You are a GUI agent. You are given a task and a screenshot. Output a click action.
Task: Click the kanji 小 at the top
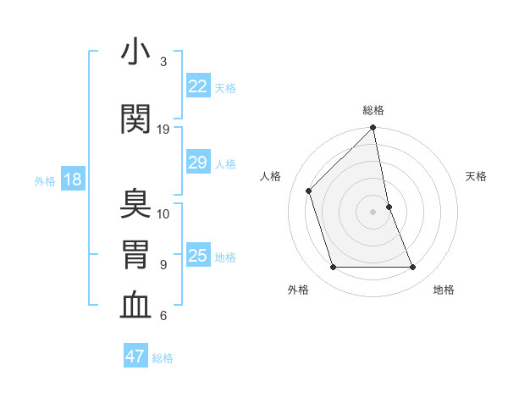135,53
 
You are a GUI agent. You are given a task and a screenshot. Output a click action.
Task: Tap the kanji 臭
135,204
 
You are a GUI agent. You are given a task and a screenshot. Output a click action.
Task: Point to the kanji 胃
135,255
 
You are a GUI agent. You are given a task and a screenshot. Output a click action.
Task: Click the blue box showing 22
197,86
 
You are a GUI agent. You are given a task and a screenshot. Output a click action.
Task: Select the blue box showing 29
197,163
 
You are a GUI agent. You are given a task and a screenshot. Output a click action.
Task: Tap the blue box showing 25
197,257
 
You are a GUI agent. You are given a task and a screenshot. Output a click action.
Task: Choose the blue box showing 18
72,180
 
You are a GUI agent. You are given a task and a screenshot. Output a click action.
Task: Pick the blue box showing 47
135,357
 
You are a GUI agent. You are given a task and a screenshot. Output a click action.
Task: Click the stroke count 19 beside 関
163,130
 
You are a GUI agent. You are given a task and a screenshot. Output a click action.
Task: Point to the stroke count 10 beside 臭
163,213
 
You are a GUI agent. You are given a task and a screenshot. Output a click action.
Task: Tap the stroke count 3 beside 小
163,62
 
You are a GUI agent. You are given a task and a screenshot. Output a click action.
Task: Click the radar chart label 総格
373,110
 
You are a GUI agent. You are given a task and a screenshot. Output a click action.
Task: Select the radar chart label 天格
477,176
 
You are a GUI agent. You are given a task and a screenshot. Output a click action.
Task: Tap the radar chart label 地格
444,290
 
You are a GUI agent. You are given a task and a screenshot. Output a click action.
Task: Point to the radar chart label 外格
298,290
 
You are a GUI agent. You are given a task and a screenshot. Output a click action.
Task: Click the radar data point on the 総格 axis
373,129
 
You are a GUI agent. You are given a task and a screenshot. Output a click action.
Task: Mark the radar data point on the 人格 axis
309,191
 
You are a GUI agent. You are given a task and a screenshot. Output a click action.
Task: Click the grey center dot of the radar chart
373,211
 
